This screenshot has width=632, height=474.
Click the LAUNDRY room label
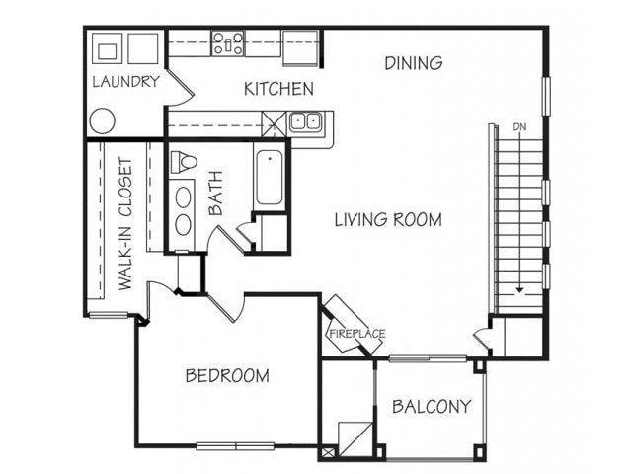click(x=124, y=82)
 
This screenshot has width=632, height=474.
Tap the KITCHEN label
click(x=278, y=89)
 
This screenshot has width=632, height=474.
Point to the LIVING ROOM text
click(x=386, y=219)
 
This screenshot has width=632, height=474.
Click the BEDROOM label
click(x=228, y=376)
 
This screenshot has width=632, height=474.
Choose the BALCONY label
click(x=431, y=406)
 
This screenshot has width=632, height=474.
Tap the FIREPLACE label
click(x=355, y=334)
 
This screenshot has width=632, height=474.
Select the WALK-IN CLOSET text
click(x=126, y=224)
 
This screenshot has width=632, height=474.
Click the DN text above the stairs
click(x=519, y=127)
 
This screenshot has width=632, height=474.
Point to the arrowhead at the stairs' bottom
click(x=519, y=291)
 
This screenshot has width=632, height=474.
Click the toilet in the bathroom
click(x=185, y=160)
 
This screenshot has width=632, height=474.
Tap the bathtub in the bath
click(x=270, y=180)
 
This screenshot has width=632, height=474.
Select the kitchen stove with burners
click(x=229, y=42)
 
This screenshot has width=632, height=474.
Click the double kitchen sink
click(x=307, y=122)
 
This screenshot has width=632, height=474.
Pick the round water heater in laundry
click(x=103, y=121)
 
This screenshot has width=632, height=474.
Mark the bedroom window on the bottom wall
click(x=235, y=446)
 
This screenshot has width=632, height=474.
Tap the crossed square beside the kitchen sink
click(x=275, y=122)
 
